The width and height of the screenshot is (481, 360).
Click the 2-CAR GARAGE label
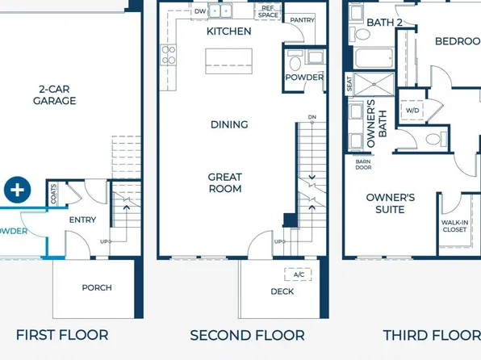point(55,95)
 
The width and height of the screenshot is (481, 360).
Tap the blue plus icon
point(16,190)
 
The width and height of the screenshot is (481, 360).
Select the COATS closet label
point(54,193)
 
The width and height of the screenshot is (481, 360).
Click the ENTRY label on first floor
point(82,220)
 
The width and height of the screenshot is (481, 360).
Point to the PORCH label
point(97,287)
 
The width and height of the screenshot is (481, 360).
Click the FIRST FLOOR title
point(62,334)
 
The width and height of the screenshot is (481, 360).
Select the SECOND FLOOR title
point(247,334)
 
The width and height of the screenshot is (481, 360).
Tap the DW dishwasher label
point(200,10)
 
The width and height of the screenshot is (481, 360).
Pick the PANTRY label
point(302,19)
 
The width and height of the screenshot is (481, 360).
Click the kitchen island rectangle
point(228,61)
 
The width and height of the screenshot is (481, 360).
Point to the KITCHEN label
point(228,31)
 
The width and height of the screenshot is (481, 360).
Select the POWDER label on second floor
point(304,77)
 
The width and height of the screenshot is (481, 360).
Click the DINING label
point(228,124)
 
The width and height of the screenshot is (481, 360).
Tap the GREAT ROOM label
point(225,182)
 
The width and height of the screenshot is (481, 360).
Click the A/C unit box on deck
point(299,274)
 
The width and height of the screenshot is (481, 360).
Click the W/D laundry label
point(412,110)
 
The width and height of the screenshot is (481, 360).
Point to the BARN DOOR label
point(363,165)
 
